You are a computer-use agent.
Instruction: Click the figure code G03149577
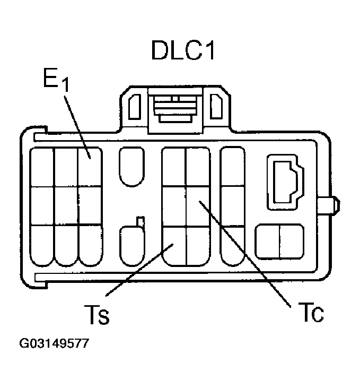54,343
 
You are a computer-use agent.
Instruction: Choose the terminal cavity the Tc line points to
197,205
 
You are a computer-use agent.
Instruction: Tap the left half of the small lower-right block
268,242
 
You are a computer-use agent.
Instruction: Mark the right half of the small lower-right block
291,242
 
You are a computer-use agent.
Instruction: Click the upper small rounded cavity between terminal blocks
131,166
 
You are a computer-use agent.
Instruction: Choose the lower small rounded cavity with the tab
131,245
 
